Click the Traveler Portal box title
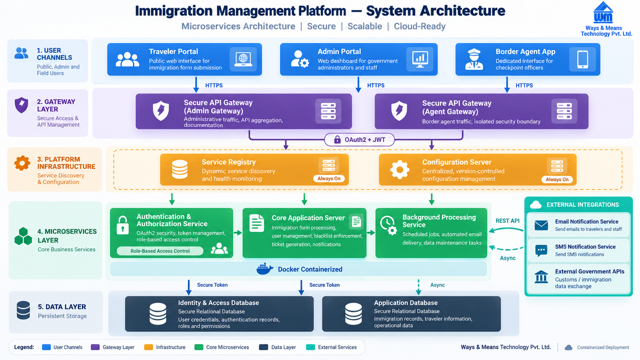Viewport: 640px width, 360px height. (x=173, y=51)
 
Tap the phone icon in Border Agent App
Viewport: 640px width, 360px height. (x=583, y=59)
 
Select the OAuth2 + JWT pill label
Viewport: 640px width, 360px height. (x=359, y=140)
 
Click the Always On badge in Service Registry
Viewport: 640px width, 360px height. (x=329, y=179)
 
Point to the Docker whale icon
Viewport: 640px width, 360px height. (x=264, y=269)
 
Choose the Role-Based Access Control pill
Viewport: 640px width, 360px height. (x=160, y=251)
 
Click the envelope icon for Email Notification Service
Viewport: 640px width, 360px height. (x=541, y=225)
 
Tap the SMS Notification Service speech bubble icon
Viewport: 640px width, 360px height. (x=541, y=251)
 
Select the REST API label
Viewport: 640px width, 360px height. (x=508, y=221)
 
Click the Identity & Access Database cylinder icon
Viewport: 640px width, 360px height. (x=158, y=314)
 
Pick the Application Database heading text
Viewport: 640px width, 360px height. (x=406, y=303)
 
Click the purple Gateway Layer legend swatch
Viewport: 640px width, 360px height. (x=95, y=347)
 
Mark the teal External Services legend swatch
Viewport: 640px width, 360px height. (x=310, y=347)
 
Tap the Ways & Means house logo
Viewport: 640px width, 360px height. (x=603, y=12)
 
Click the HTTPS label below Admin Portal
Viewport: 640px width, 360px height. (x=376, y=85)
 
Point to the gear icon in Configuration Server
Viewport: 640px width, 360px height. (x=400, y=169)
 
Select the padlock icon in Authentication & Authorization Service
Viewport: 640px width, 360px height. (x=122, y=225)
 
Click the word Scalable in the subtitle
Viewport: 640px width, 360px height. (x=364, y=26)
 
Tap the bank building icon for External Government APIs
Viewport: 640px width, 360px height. (x=541, y=277)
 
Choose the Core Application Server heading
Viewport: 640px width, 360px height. (x=308, y=218)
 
